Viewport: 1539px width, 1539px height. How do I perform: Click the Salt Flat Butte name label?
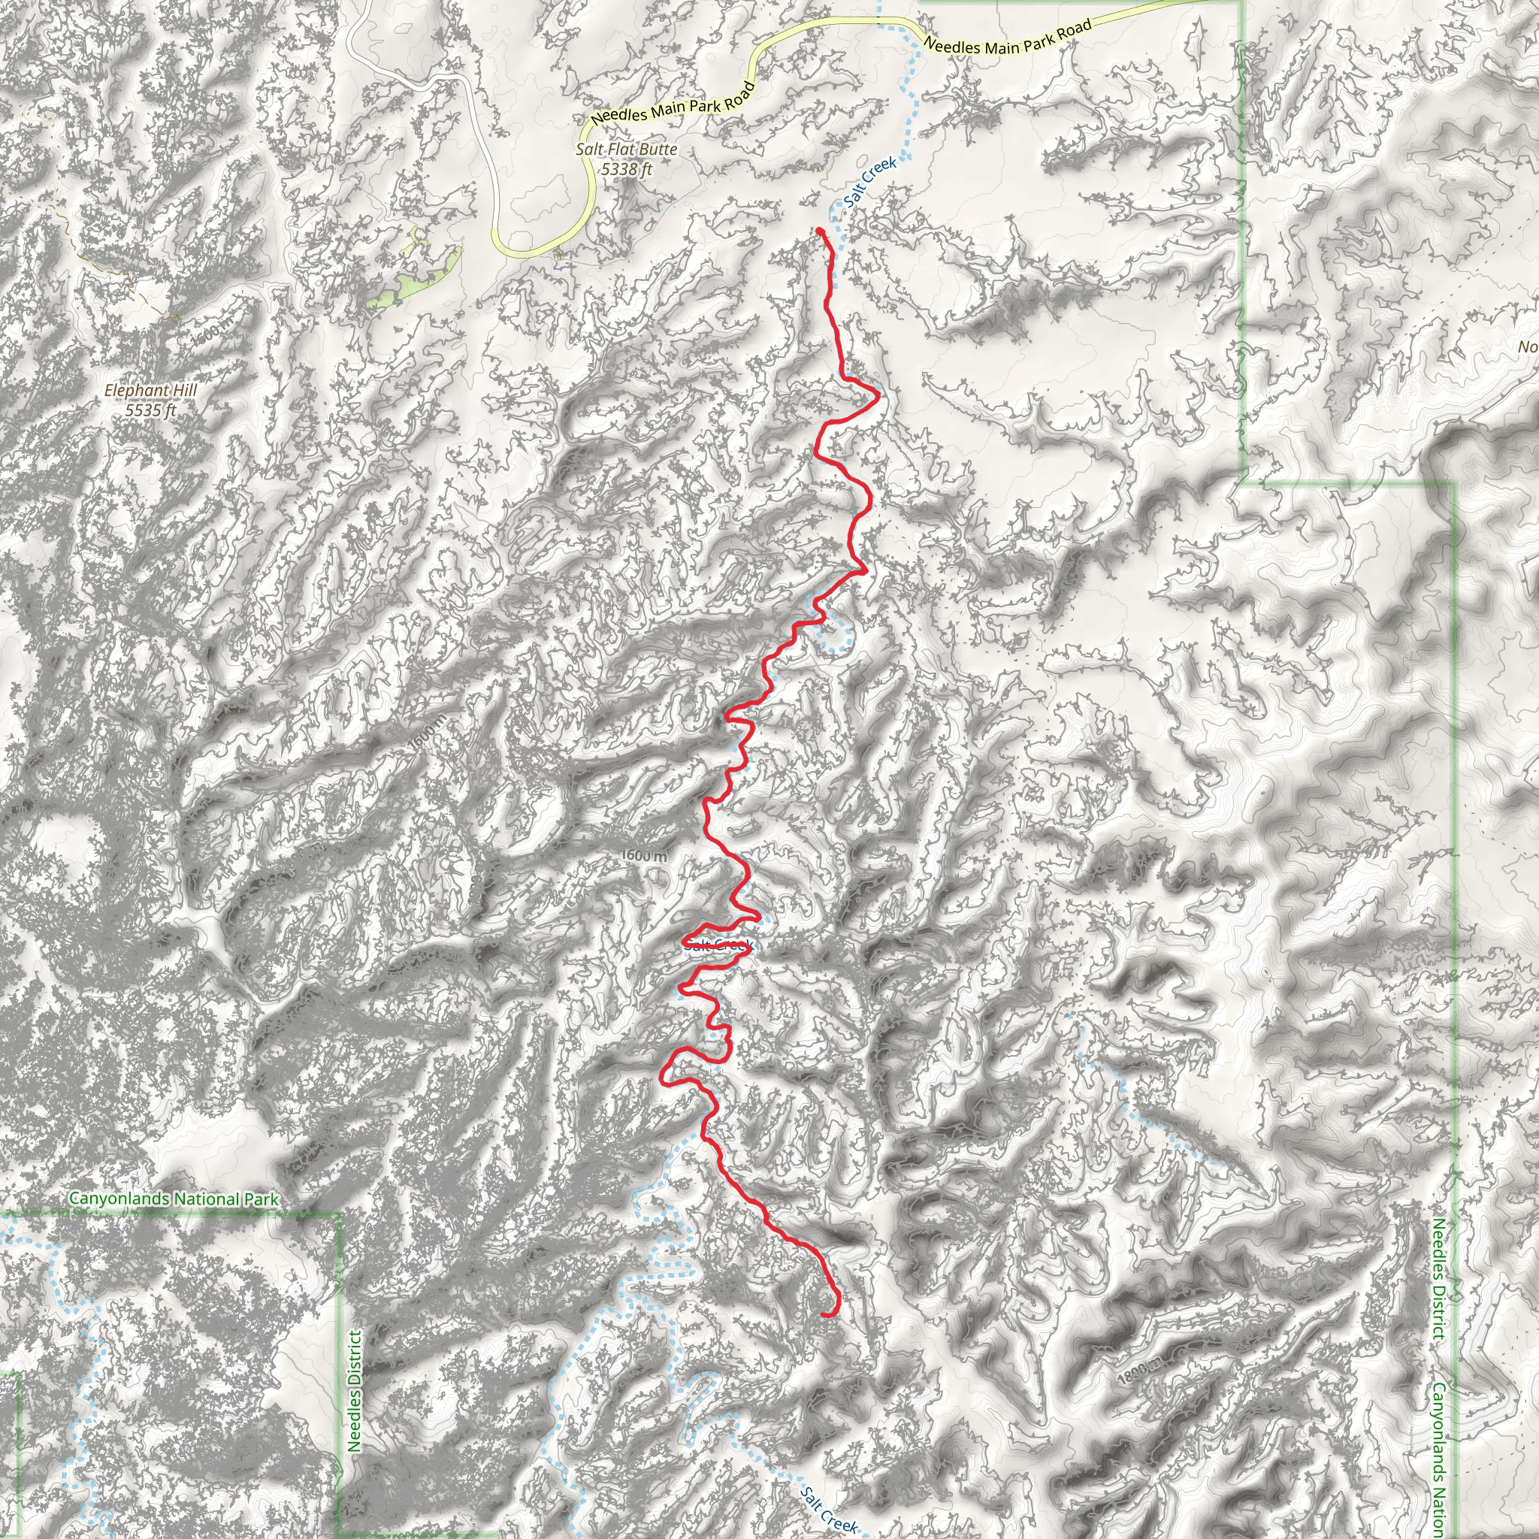[x=626, y=149]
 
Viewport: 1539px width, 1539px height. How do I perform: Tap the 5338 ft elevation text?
[x=626, y=169]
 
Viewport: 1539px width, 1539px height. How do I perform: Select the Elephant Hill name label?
[x=150, y=390]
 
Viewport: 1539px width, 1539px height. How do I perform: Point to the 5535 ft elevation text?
[x=150, y=410]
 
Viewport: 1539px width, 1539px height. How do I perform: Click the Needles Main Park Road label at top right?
[x=1008, y=38]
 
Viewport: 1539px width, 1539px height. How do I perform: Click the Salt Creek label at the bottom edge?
[x=828, y=1509]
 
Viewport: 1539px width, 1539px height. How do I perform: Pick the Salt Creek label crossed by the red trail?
[x=718, y=945]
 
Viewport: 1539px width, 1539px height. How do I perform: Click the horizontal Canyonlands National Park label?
[x=174, y=1199]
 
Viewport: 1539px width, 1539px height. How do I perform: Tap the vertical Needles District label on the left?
[x=355, y=1390]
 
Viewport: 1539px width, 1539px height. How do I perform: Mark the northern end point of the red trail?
[x=820, y=231]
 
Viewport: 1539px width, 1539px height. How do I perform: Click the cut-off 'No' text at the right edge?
[x=1527, y=346]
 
